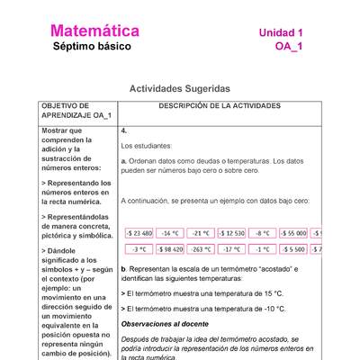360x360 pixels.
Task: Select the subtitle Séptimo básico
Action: click(92, 47)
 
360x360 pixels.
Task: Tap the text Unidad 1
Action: click(281, 32)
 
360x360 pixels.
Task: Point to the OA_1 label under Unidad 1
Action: click(289, 47)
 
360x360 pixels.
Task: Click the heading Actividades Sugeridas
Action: click(180, 89)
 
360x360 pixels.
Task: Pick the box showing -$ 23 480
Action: click(139, 233)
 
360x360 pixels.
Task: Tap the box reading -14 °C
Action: click(170, 233)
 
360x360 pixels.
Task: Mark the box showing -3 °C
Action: click(139, 248)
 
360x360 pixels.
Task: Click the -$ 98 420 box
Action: click(170, 248)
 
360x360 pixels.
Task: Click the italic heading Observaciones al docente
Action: click(165, 323)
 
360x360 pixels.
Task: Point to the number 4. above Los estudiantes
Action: click(124, 130)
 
